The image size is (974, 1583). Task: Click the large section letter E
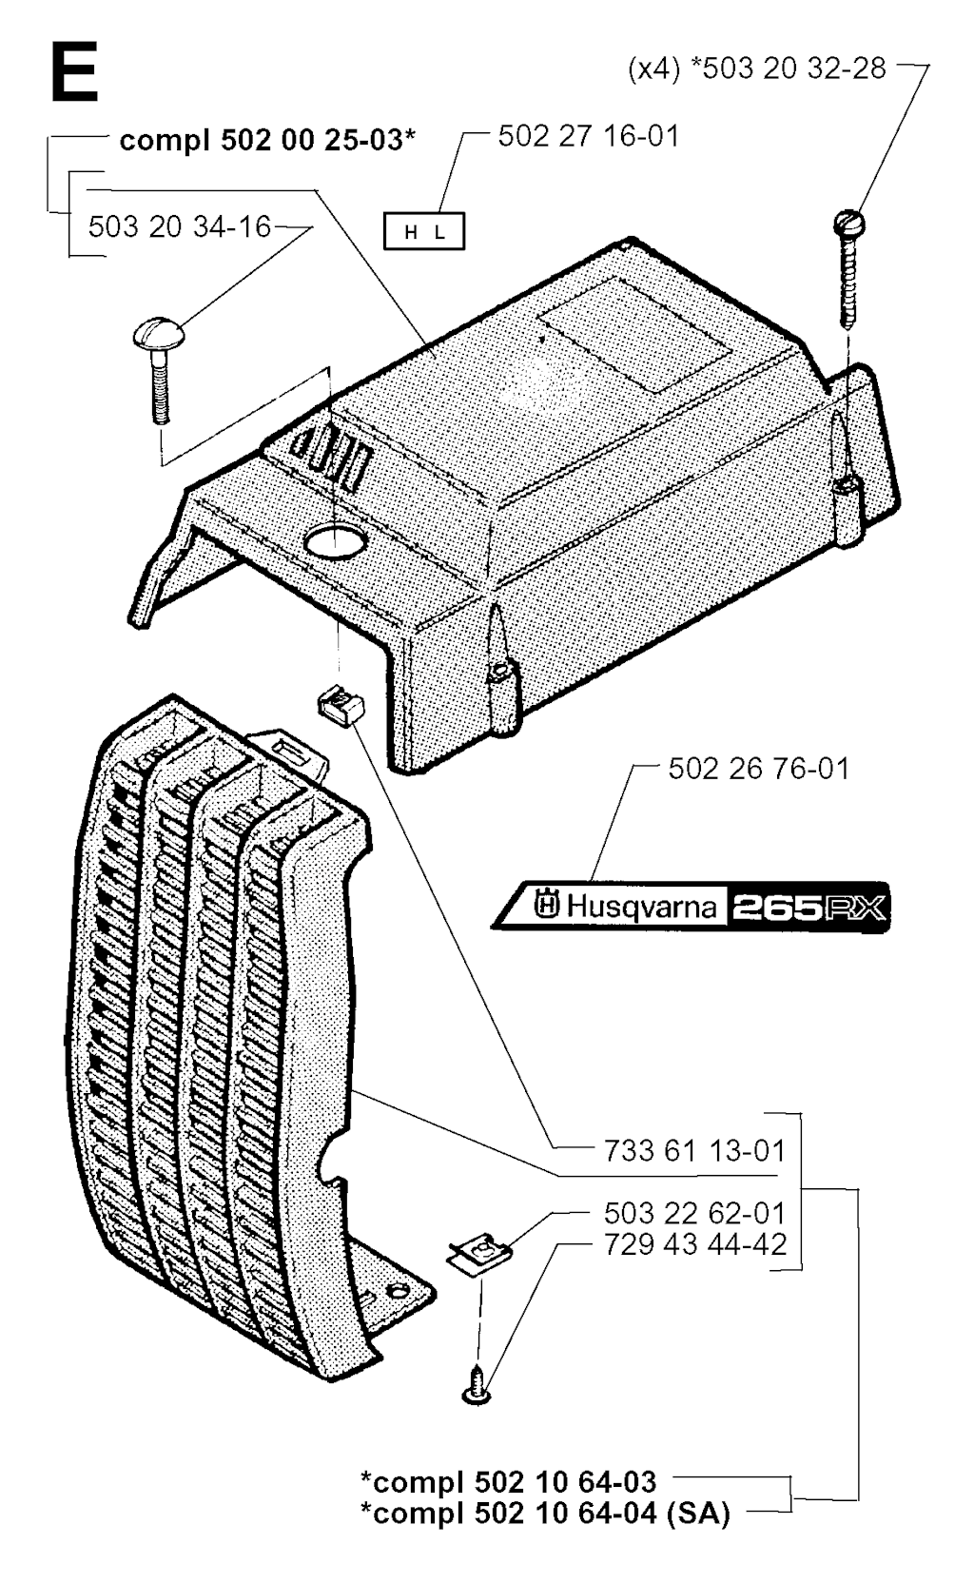click(x=74, y=72)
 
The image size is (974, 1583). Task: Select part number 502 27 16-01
click(x=588, y=136)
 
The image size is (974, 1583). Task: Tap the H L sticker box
click(x=424, y=231)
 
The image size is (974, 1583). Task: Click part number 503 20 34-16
click(x=180, y=226)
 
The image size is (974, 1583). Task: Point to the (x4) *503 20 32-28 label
click(x=757, y=68)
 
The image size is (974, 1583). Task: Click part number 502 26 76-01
click(x=758, y=769)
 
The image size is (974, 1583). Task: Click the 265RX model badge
click(x=808, y=907)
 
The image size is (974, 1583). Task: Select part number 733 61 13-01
click(x=694, y=1151)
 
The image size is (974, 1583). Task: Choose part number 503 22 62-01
click(x=694, y=1213)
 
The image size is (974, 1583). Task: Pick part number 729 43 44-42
click(x=694, y=1244)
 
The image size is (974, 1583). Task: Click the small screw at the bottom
click(x=477, y=1387)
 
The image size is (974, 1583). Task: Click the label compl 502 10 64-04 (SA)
click(x=545, y=1513)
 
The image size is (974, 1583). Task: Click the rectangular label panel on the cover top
click(x=634, y=335)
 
